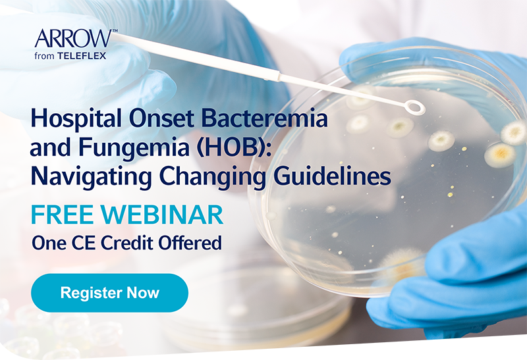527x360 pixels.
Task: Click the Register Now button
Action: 109,293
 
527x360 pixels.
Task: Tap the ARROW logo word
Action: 73,39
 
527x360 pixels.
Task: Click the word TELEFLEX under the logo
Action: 82,56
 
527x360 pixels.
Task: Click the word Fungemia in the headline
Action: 134,149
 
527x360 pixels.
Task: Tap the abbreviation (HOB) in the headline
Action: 233,148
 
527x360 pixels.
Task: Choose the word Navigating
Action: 91,177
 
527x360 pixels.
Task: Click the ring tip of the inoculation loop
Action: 415,107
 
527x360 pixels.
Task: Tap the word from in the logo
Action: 44,56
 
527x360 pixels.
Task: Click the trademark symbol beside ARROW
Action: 115,31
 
